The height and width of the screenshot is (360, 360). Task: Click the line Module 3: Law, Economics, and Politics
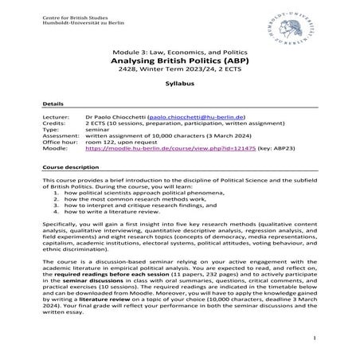(x=179, y=49)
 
